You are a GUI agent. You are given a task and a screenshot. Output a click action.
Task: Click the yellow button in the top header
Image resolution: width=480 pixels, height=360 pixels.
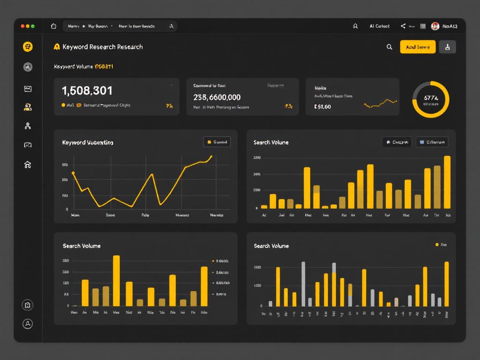[x=418, y=47]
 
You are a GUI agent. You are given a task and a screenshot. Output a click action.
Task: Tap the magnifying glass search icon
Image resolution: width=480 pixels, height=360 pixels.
[x=389, y=47]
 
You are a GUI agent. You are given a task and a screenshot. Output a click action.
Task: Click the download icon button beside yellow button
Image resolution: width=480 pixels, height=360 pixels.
[x=447, y=47]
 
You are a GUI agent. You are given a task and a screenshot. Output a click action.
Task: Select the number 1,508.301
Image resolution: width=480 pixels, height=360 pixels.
[x=87, y=90]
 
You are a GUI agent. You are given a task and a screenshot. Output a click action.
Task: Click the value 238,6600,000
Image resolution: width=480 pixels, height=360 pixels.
[x=217, y=97]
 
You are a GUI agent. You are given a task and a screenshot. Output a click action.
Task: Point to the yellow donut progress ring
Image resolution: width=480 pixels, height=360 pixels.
[x=430, y=99]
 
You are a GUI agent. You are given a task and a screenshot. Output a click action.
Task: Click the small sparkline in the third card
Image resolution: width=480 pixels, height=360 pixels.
[x=380, y=103]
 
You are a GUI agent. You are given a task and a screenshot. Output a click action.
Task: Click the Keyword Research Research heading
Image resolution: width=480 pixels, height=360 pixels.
[x=102, y=47]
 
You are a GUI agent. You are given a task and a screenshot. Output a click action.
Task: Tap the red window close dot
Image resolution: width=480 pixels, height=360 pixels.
[x=22, y=26]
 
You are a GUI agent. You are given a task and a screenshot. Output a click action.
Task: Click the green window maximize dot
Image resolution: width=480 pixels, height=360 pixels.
[x=32, y=26]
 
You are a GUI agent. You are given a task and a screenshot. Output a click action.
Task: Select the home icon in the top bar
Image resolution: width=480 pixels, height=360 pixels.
[x=53, y=26]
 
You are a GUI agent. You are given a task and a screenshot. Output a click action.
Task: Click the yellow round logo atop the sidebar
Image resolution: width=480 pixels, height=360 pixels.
[x=28, y=46]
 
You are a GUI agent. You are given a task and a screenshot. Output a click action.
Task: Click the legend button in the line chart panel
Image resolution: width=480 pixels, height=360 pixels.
[x=217, y=142]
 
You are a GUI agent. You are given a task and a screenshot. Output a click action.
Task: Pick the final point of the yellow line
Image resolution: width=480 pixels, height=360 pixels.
[x=211, y=157]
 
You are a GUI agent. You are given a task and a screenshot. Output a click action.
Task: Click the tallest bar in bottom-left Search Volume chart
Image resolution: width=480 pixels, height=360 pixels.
[x=116, y=280]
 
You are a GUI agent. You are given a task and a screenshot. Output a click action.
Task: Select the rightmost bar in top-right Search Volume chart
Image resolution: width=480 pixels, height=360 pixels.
[x=447, y=182]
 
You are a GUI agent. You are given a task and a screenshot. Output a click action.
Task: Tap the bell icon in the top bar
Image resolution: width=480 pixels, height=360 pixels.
[x=355, y=26]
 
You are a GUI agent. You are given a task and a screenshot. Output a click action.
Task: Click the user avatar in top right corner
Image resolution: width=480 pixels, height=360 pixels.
[x=435, y=26]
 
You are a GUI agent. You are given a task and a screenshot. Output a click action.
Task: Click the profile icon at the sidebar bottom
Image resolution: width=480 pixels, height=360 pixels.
[x=28, y=323]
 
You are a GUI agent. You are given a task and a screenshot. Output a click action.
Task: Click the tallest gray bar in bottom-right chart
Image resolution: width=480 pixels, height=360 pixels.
[x=303, y=284]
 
